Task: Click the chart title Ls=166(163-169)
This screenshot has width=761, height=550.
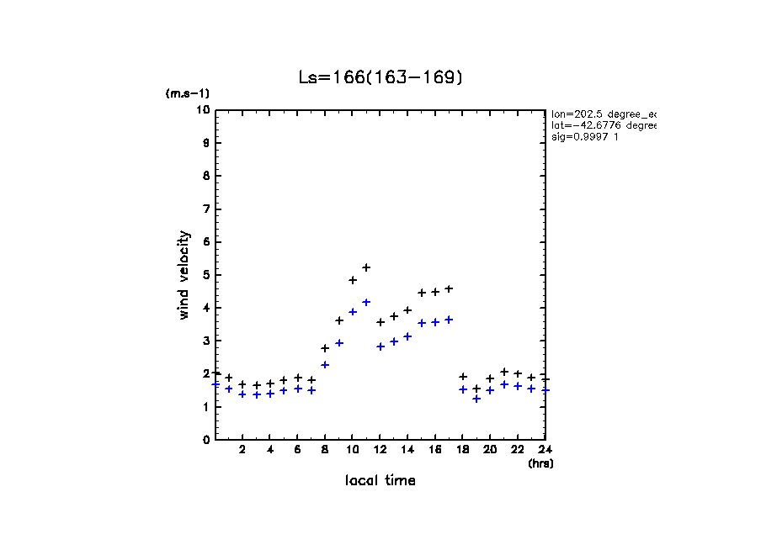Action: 380,77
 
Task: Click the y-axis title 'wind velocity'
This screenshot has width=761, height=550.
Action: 184,275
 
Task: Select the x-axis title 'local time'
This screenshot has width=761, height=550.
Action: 380,480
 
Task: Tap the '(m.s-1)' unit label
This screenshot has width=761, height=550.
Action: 188,93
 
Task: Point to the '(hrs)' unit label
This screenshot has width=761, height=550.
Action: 540,463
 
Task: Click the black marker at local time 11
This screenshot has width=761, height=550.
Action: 366,267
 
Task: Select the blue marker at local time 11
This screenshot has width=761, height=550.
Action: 366,302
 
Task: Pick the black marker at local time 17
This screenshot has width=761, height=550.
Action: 449,288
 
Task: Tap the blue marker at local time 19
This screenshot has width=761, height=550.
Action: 476,399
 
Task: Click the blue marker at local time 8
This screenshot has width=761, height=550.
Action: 325,365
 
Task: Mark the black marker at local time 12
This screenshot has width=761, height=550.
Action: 380,322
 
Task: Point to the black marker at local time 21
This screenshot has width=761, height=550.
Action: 504,372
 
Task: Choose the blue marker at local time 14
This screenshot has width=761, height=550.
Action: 407,336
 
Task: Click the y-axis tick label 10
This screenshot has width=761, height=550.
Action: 203,110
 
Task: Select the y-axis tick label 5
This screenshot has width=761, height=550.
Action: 205,275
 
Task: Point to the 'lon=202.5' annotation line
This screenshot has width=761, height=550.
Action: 602,113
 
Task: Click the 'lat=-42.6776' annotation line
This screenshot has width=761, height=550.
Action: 602,124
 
